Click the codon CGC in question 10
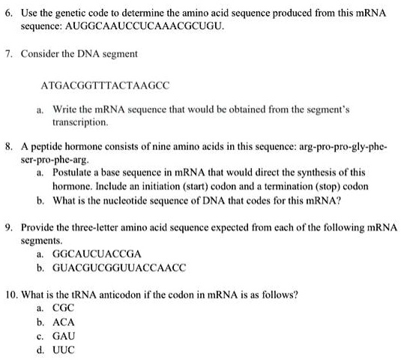click(x=64, y=308)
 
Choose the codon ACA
click(x=64, y=322)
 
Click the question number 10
click(x=10, y=295)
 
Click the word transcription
click(x=81, y=121)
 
